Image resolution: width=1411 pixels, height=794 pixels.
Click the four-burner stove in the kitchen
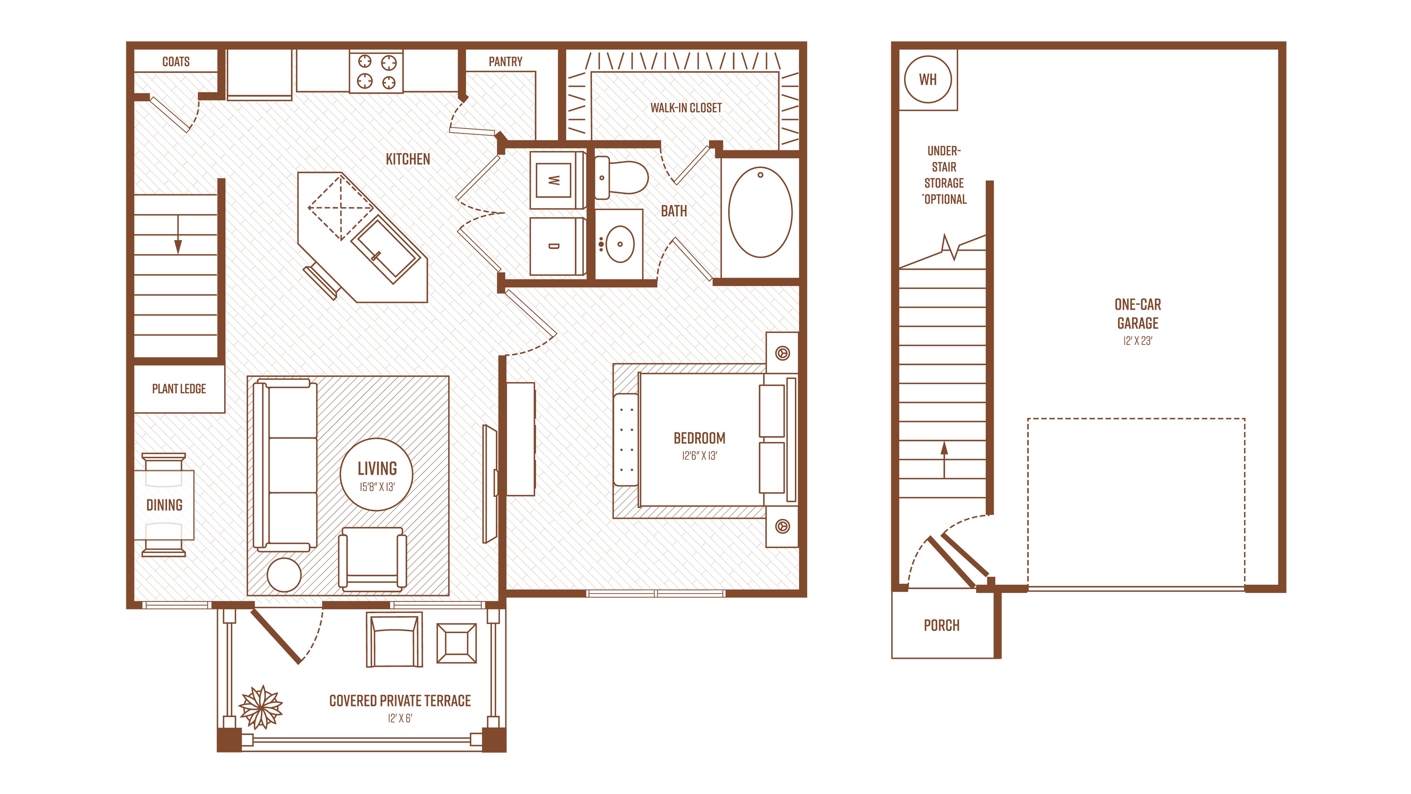pos(376,72)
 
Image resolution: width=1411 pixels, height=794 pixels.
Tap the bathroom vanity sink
pos(619,244)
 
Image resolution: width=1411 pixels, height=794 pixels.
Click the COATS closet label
pos(176,61)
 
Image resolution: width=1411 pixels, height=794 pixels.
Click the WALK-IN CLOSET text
pos(686,108)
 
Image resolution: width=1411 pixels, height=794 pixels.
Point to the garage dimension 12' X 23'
pos(1138,341)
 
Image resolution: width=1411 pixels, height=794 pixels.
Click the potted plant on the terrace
pos(261,707)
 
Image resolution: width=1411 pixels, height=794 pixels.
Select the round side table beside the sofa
pos(284,575)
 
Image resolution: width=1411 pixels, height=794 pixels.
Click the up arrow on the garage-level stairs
pos(944,460)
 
